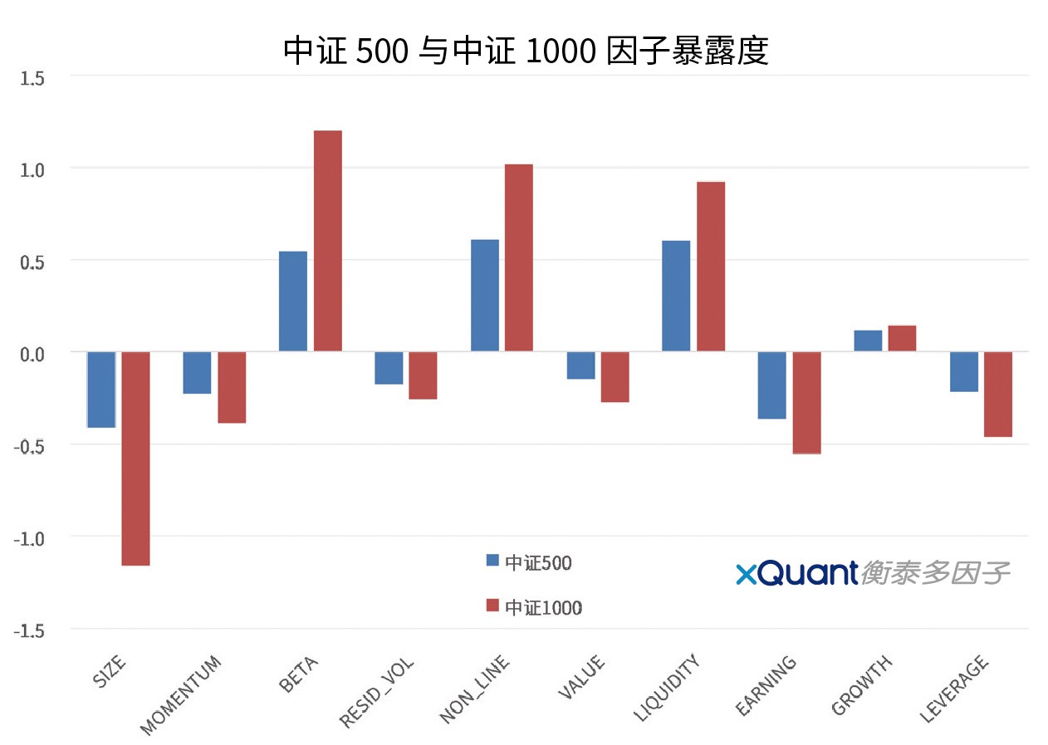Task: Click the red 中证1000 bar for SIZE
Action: pos(135,458)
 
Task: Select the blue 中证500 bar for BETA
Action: pos(292,301)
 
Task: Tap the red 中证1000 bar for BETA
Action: pos(327,241)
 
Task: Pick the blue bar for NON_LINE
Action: pos(484,296)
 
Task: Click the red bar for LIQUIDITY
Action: pos(711,267)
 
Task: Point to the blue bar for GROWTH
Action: pos(868,341)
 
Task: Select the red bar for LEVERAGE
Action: pos(998,394)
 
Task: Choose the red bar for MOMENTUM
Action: pos(232,387)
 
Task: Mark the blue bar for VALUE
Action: pos(580,365)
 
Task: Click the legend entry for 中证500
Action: pos(529,562)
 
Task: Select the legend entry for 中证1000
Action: pos(534,607)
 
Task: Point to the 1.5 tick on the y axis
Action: pos(33,78)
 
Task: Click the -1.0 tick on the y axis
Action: pos(29,538)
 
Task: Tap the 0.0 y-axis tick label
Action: pos(33,354)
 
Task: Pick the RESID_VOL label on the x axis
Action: pos(378,692)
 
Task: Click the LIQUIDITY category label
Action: pos(668,688)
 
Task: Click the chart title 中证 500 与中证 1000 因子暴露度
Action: pos(526,51)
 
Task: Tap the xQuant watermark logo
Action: pos(872,573)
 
